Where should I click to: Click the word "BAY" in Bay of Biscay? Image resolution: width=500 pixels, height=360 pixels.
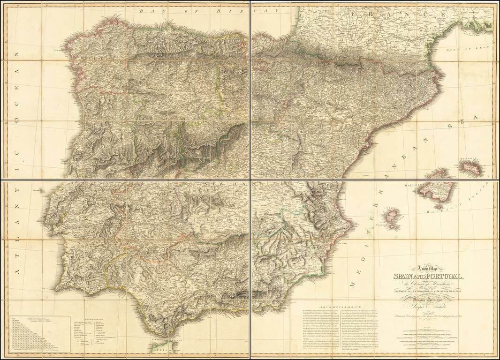(147, 9)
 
